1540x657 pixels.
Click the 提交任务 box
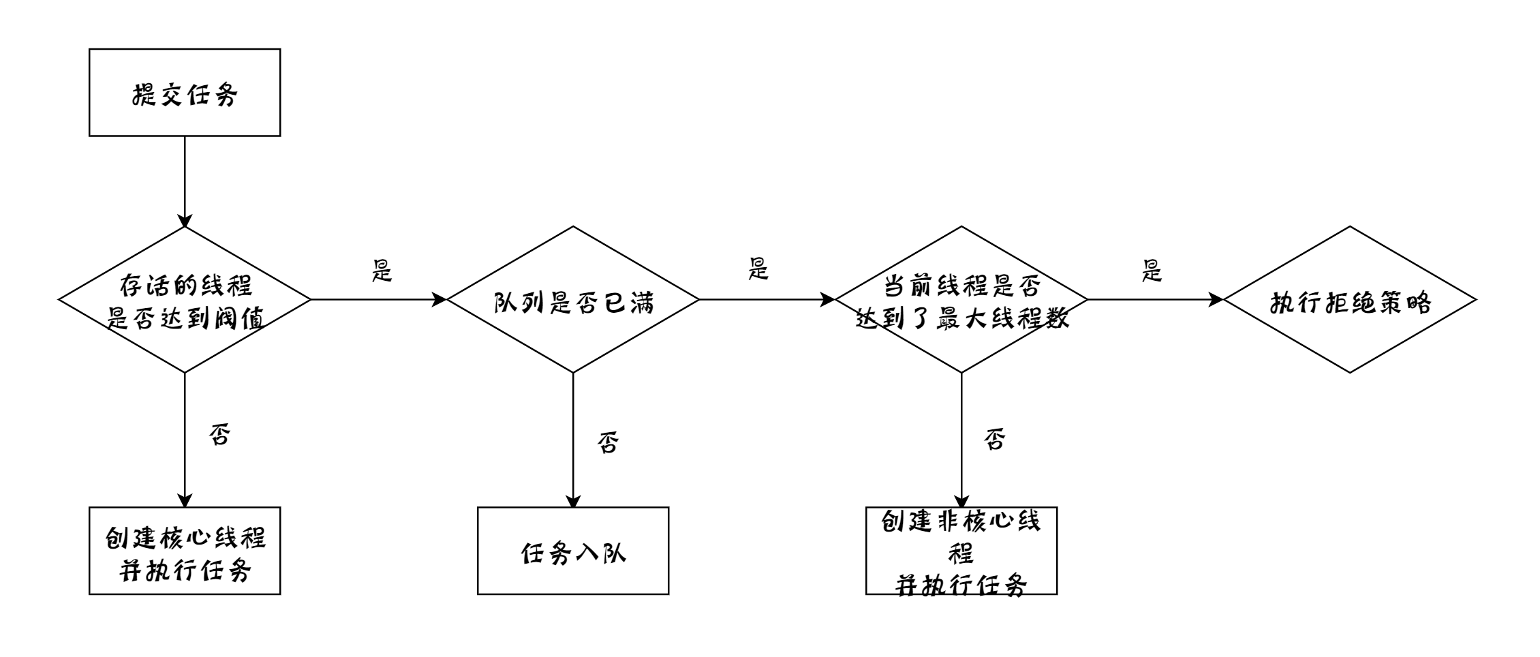tap(185, 93)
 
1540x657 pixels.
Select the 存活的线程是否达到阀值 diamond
tap(185, 300)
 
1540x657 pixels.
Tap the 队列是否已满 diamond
tap(573, 300)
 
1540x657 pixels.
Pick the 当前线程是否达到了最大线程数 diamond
tap(961, 300)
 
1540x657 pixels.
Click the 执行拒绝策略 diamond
tap(1350, 300)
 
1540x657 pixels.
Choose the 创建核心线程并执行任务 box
tap(185, 551)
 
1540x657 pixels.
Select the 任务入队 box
tap(573, 551)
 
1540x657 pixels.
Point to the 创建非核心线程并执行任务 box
tap(961, 551)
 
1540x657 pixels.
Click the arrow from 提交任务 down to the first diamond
tap(185, 181)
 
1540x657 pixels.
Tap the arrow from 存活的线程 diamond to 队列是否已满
tap(378, 299)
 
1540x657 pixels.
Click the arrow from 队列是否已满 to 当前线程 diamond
tap(767, 299)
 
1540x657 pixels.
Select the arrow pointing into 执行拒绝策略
tap(1155, 299)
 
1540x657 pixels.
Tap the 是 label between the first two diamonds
tap(382, 271)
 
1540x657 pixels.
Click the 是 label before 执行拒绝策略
tap(1152, 271)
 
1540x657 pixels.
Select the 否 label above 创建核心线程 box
tap(219, 434)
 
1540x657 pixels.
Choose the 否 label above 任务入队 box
tap(608, 443)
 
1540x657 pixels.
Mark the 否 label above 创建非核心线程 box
tap(995, 440)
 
